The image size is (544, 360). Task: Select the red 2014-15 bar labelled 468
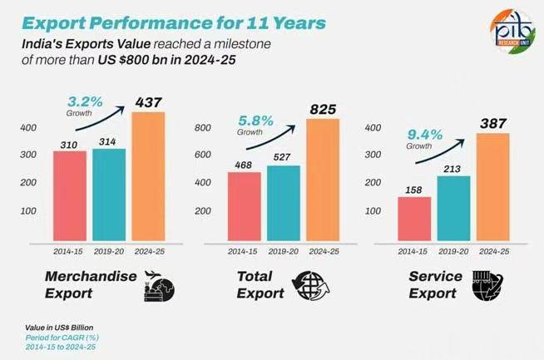(244, 206)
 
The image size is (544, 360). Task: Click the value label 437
(149, 101)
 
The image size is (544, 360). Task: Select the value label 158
(414, 188)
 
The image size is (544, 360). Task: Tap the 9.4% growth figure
(425, 132)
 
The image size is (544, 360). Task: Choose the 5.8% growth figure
(255, 120)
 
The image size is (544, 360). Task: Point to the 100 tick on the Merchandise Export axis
(27, 210)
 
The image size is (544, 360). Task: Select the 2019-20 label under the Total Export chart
(284, 250)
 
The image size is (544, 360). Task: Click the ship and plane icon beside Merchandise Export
(158, 284)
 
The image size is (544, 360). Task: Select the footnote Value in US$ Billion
(47, 327)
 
